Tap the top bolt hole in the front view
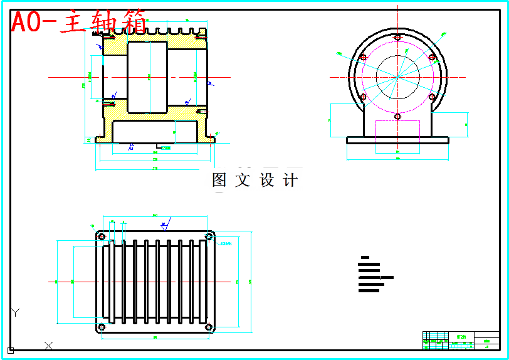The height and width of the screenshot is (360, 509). coord(397,38)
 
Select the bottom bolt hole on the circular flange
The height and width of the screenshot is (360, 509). coord(397,115)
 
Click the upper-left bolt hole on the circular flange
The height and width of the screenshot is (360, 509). coord(362,58)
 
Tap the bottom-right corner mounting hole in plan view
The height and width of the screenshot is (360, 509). coord(209,326)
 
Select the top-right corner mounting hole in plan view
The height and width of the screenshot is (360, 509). coord(209,236)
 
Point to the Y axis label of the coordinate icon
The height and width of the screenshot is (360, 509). coord(16,312)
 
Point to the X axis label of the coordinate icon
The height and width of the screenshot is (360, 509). coord(49,345)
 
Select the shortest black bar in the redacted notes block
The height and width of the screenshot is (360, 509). coord(365,257)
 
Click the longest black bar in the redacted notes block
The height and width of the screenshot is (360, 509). coord(375,277)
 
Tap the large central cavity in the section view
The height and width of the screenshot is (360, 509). coord(147,77)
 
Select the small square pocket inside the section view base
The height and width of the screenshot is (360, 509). coord(184,132)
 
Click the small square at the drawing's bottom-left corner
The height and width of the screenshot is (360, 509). coord(11,350)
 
